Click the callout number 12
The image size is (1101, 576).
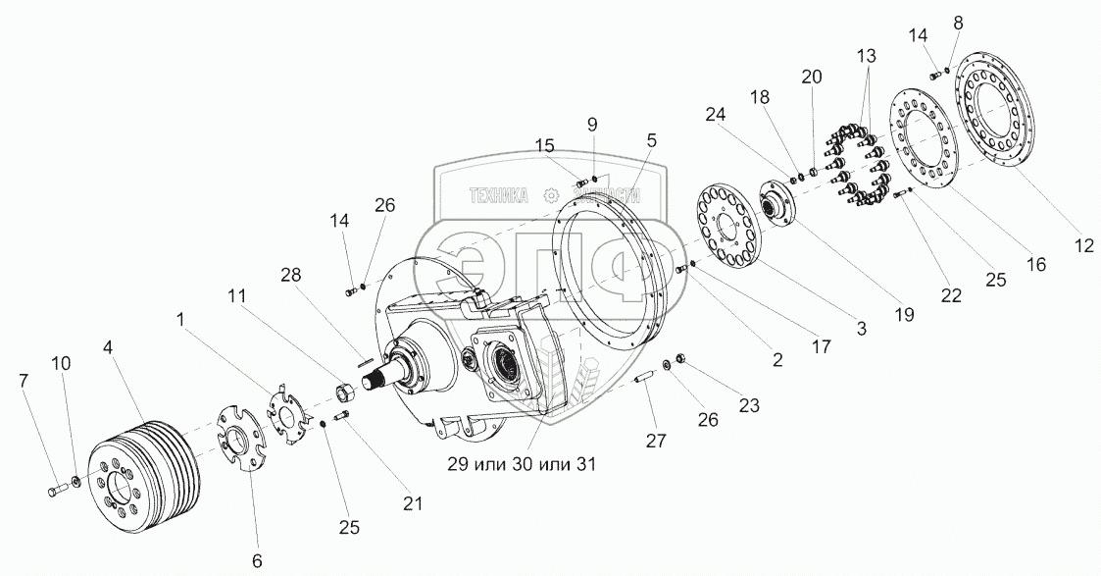1082,247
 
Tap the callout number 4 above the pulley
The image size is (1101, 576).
106,346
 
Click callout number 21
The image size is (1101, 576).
413,503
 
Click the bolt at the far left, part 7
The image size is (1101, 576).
54,487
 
